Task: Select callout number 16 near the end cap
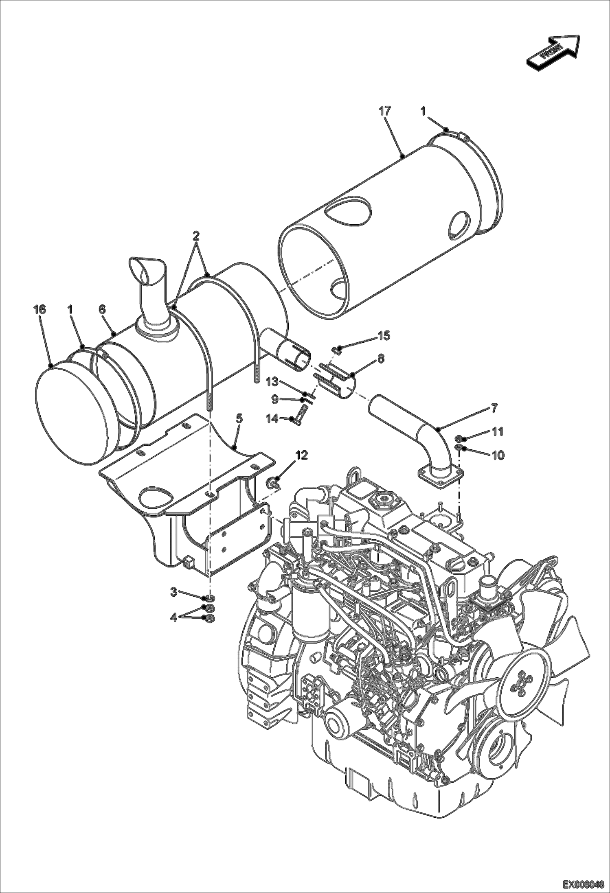coord(40,310)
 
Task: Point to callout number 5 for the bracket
coord(239,418)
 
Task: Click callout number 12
coord(302,455)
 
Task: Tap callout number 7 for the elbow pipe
coord(494,409)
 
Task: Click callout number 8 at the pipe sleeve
coord(381,359)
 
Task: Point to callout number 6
coord(102,310)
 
